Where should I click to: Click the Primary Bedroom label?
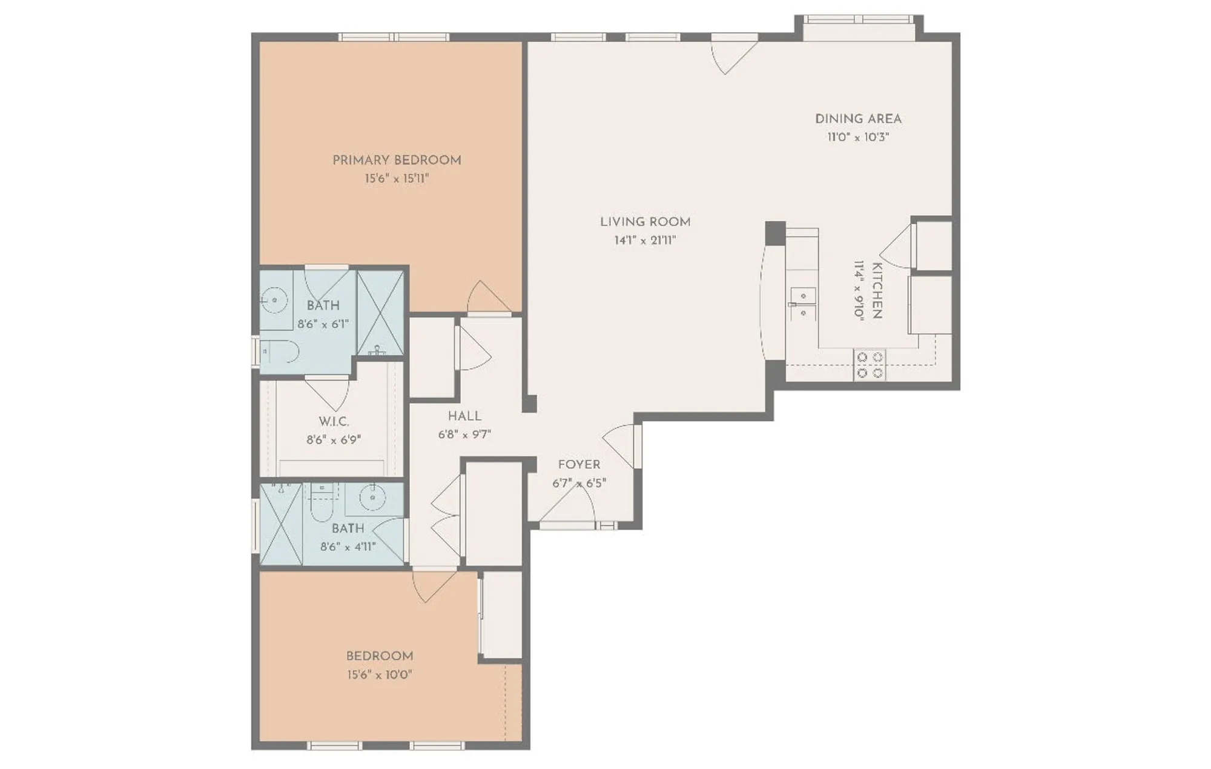click(397, 161)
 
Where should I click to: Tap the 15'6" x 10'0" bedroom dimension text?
click(380, 674)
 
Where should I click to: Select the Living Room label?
click(645, 222)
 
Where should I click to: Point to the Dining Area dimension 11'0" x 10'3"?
click(858, 137)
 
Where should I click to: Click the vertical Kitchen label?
click(876, 290)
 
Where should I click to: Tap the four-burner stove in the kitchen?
click(869, 365)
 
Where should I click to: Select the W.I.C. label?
click(334, 421)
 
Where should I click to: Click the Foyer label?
click(579, 465)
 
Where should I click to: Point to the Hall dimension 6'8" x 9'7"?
click(464, 434)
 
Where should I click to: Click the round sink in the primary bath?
click(276, 299)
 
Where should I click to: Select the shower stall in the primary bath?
click(380, 313)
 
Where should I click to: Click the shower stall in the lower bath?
click(281, 524)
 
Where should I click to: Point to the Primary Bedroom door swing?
click(484, 298)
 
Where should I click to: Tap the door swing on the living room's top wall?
click(731, 55)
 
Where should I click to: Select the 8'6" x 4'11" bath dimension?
click(348, 547)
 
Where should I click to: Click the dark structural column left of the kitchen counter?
click(775, 233)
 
